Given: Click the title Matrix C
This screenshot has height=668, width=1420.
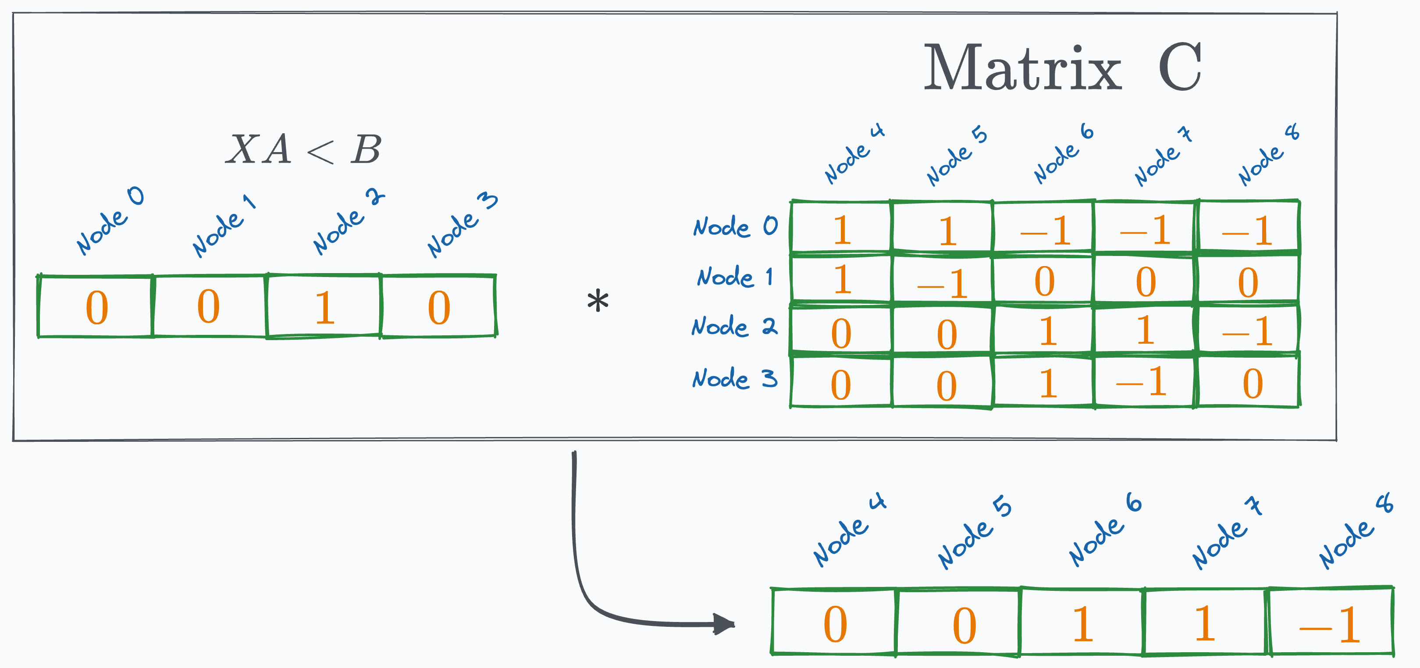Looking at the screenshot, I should (x=1062, y=68).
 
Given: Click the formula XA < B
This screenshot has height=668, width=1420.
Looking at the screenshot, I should (x=304, y=149).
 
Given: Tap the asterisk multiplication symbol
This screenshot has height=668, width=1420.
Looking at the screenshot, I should (x=598, y=302).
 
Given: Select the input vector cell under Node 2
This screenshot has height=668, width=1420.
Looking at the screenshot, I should (x=324, y=306).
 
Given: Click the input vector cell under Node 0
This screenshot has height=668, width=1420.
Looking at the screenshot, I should (x=96, y=306).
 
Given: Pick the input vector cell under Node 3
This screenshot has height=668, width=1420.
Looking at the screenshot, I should (x=439, y=306).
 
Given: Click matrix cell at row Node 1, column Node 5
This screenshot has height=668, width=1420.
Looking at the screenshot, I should (x=942, y=280).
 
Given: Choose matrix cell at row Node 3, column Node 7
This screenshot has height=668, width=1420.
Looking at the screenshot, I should (x=1144, y=381).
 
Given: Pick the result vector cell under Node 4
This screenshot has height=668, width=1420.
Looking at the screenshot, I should (x=834, y=622).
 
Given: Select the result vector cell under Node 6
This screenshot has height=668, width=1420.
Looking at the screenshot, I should (x=1082, y=622).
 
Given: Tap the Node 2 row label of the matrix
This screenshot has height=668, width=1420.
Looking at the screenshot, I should (x=734, y=326).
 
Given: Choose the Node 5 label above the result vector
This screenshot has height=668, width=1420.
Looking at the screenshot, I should (x=974, y=533).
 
